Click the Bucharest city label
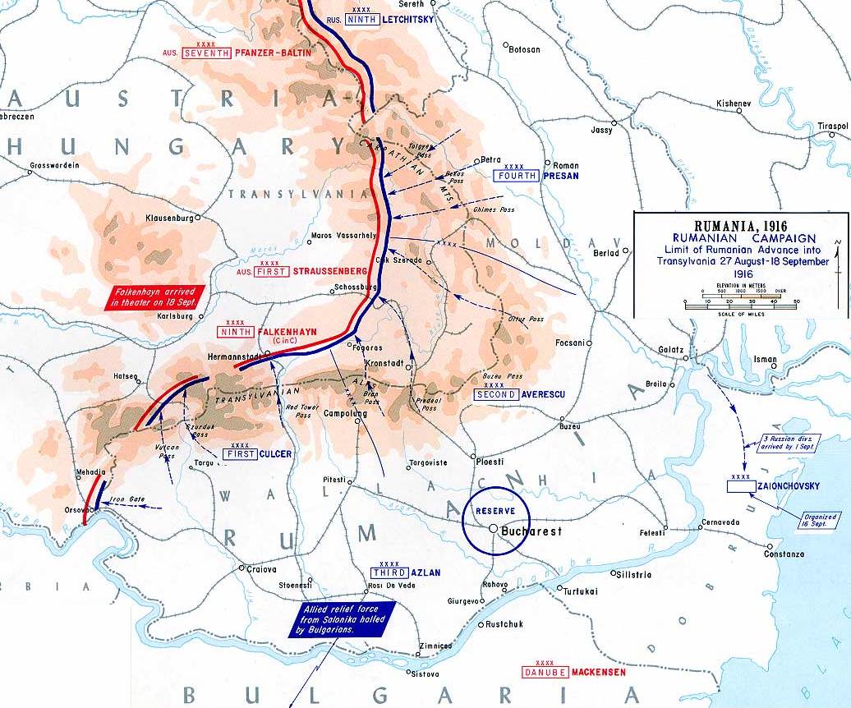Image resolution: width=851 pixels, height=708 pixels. pos(531,531)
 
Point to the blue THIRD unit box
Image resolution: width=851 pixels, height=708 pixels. pos(387,572)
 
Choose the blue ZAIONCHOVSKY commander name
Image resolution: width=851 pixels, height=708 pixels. pos(790,486)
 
